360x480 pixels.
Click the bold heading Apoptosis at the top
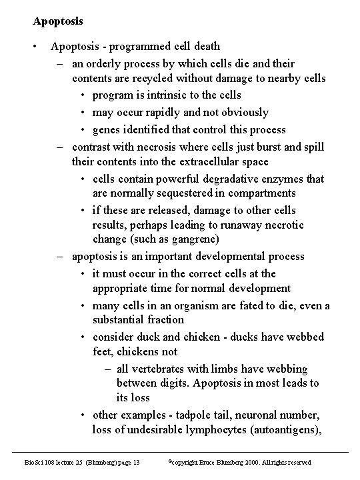pyautogui.click(x=58, y=21)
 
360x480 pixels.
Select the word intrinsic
pyautogui.click(x=160, y=95)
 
